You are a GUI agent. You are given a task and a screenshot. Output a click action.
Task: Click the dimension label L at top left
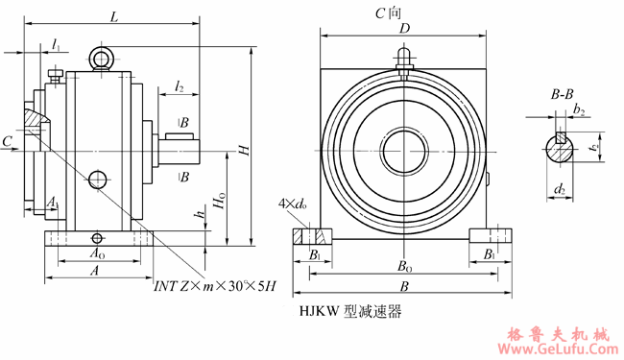(x=114, y=17)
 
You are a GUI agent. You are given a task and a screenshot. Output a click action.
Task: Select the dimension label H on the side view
(x=245, y=150)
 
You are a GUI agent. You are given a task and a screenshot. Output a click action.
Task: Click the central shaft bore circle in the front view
(x=405, y=152)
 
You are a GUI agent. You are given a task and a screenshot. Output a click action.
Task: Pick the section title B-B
(x=562, y=94)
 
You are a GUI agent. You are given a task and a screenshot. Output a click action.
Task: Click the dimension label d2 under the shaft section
(x=559, y=189)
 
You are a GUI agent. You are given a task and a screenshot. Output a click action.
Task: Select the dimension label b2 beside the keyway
(x=578, y=111)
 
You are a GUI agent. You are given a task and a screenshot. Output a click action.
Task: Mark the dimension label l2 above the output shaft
(x=180, y=86)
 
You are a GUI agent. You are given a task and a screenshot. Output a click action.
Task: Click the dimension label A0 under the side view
(x=97, y=254)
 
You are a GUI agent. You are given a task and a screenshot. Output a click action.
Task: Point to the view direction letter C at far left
(x=8, y=141)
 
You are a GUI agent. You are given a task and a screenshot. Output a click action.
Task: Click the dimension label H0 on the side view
(x=222, y=203)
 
